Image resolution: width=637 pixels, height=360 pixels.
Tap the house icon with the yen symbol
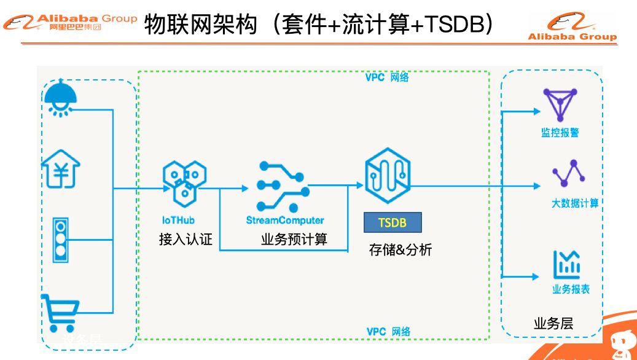(61, 170)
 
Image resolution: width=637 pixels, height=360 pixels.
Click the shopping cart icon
(60, 313)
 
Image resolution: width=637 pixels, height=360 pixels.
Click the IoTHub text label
(179, 219)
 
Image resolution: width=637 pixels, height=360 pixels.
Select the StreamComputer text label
(284, 219)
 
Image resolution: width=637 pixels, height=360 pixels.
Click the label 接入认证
(186, 239)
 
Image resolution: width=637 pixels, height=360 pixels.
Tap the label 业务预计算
(294, 239)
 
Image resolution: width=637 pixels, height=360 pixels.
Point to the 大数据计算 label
(574, 203)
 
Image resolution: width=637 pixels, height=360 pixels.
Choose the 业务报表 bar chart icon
(567, 265)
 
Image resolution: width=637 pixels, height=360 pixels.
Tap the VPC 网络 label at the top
(387, 78)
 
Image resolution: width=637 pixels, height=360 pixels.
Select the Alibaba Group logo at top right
(573, 28)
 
